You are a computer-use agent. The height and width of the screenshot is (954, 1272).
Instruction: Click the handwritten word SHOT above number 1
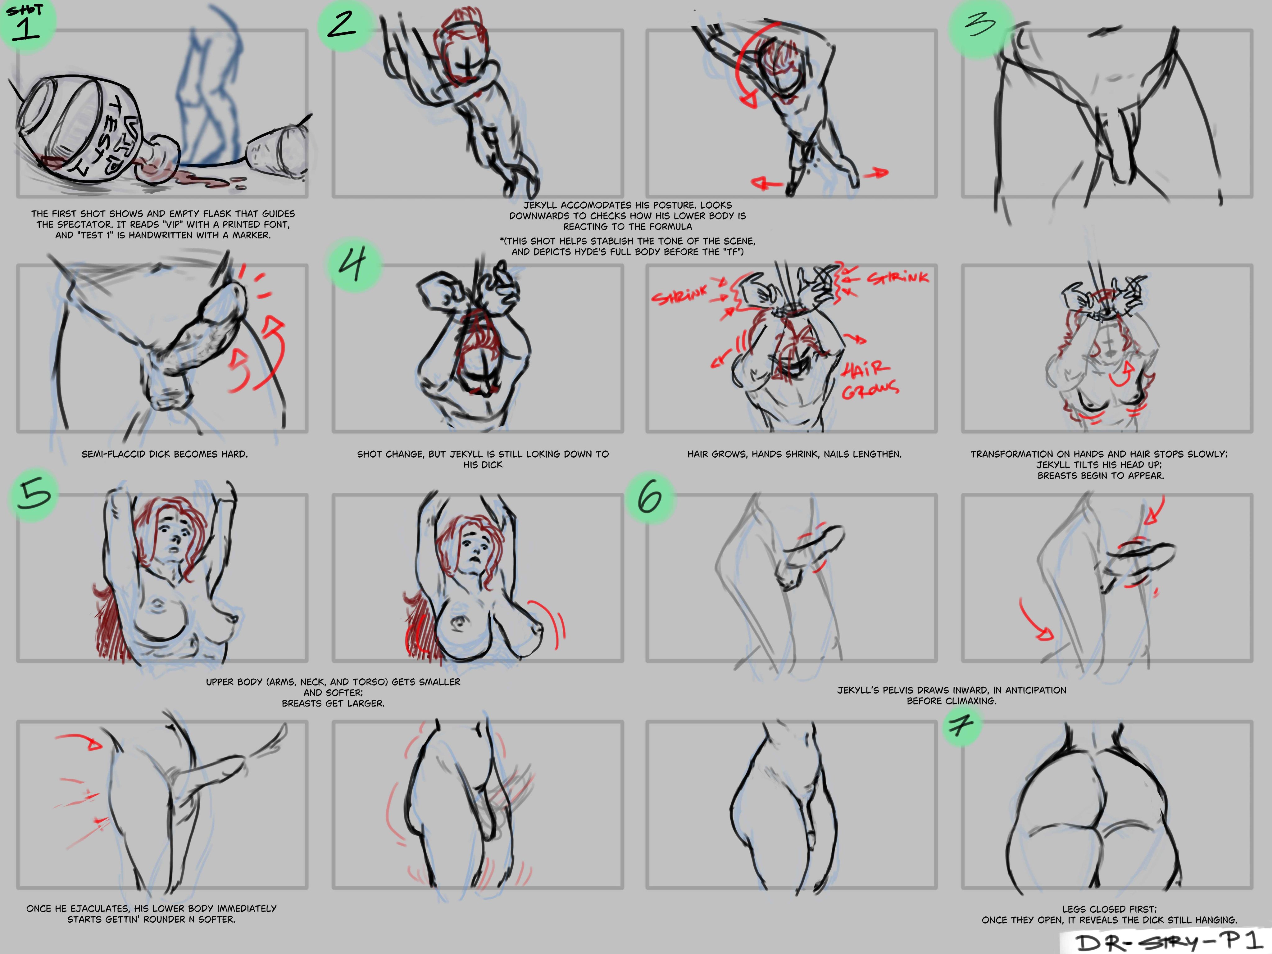tap(25, 9)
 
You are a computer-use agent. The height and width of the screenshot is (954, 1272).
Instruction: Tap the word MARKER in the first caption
tap(251, 235)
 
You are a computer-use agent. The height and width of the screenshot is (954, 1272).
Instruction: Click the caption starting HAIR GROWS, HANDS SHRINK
tap(794, 454)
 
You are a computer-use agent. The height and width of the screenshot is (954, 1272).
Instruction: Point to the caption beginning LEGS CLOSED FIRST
tap(1109, 914)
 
